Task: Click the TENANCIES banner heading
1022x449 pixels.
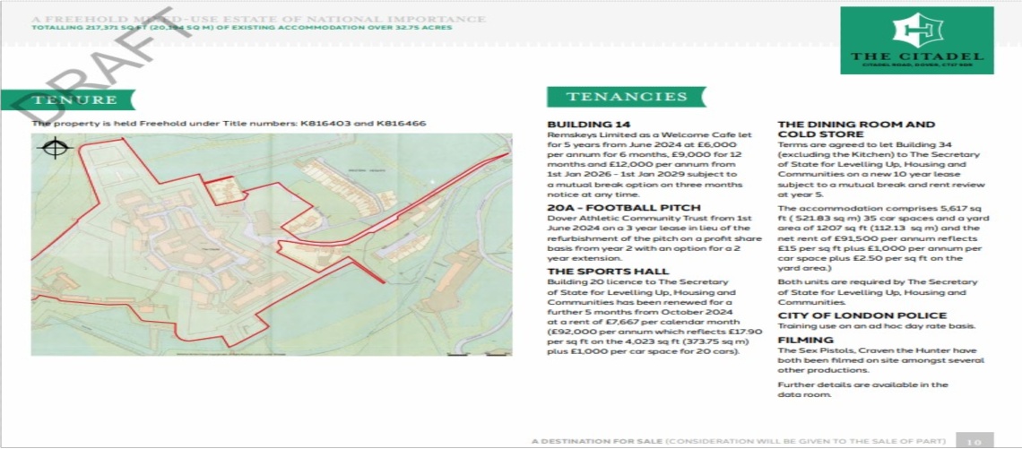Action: coord(627,97)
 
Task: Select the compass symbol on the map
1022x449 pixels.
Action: coord(55,148)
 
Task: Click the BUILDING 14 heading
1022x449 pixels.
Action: coord(588,124)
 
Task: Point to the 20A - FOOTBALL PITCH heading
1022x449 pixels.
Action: coord(611,208)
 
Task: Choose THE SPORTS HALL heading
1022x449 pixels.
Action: coord(608,271)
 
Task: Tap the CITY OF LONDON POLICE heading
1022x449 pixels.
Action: coord(862,315)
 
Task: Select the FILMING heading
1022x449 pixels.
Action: coord(800,341)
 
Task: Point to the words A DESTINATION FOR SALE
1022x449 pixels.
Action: coord(596,441)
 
